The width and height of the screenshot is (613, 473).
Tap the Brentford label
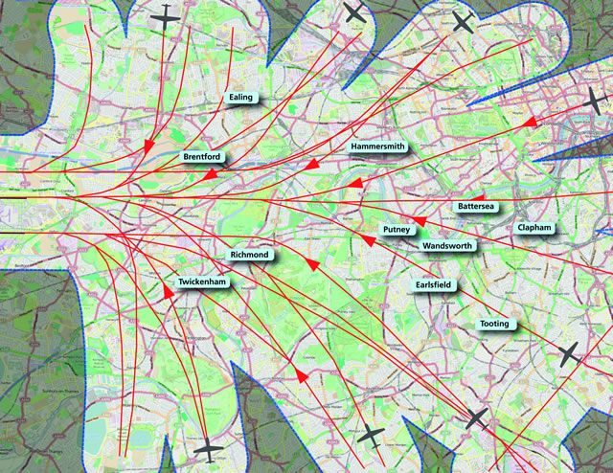(202, 156)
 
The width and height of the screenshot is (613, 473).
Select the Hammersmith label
(378, 146)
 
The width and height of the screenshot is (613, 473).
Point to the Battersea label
(475, 207)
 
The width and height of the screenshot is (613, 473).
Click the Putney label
(397, 230)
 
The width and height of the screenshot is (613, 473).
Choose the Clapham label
(534, 228)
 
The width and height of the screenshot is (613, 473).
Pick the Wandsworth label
(446, 246)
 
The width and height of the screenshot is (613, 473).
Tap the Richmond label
(250, 256)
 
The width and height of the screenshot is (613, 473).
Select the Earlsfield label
(436, 284)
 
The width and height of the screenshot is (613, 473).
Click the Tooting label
(494, 325)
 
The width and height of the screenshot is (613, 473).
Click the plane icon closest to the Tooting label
(569, 353)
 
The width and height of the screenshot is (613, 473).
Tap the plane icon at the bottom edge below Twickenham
(207, 450)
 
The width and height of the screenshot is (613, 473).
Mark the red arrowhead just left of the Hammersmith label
(310, 166)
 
